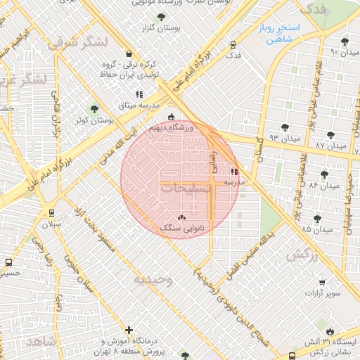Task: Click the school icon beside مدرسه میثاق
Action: point(139,94)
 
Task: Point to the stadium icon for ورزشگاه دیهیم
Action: point(172,117)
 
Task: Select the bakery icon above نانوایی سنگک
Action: point(183,217)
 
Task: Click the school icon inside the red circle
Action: point(234,171)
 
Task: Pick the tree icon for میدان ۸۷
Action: point(330,134)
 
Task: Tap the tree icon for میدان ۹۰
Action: point(345,41)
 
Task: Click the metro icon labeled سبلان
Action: point(51,212)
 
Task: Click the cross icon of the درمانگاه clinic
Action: point(129,330)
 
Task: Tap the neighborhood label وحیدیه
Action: point(153,279)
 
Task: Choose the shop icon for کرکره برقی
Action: point(127,53)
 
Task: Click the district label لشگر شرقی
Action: point(78,41)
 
